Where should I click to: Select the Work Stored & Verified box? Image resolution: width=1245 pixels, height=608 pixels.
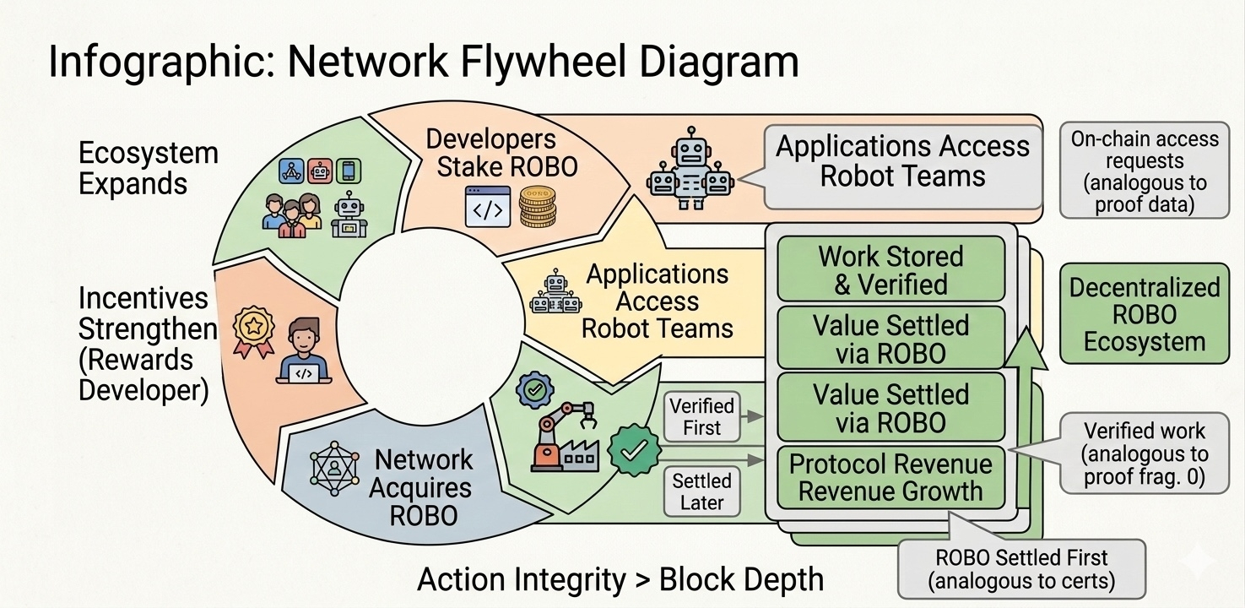point(890,269)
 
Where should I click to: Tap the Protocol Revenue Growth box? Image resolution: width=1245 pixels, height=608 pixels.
point(890,477)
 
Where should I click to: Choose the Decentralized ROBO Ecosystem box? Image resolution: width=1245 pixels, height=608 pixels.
point(1144,314)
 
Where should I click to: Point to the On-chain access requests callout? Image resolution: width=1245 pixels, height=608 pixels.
point(1144,171)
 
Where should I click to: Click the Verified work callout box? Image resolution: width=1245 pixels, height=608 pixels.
point(1144,454)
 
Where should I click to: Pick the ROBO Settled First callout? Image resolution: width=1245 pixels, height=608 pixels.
point(1021,569)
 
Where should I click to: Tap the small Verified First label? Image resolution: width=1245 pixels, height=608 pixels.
point(701,416)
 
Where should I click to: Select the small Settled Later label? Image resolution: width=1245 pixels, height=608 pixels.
point(701,491)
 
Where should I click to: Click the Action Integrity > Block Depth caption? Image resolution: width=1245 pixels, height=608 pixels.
point(620,579)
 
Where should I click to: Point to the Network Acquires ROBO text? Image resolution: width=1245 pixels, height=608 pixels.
point(423,487)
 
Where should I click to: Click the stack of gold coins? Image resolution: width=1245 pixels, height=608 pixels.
point(538,208)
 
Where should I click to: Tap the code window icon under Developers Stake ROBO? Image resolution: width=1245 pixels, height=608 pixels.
point(488,207)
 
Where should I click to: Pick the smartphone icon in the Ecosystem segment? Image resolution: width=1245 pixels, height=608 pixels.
point(347,171)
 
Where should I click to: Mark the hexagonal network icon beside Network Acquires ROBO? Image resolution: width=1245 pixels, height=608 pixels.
point(335,467)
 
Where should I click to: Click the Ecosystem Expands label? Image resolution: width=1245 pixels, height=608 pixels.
point(148,168)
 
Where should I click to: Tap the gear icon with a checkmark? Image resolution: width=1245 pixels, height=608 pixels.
point(533,389)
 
